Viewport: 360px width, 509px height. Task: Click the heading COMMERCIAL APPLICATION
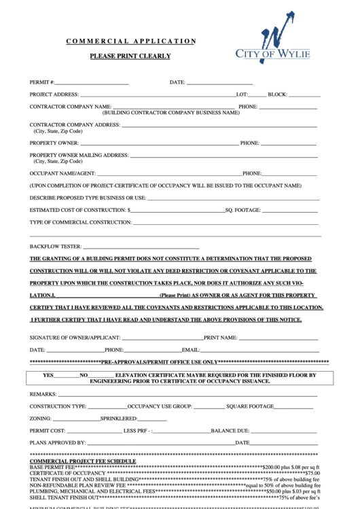130,41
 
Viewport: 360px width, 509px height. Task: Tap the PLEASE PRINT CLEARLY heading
130,56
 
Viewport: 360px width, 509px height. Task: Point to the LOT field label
241,94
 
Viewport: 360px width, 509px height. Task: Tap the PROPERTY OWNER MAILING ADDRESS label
79,155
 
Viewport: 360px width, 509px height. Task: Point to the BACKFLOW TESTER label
55,247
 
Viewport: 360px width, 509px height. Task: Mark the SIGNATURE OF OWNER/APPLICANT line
162,338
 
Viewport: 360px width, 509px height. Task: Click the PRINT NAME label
221,338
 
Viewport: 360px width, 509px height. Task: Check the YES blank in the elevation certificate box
67,376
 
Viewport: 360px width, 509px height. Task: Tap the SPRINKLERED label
120,419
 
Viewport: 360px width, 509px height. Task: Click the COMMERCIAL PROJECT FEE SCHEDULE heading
83,461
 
